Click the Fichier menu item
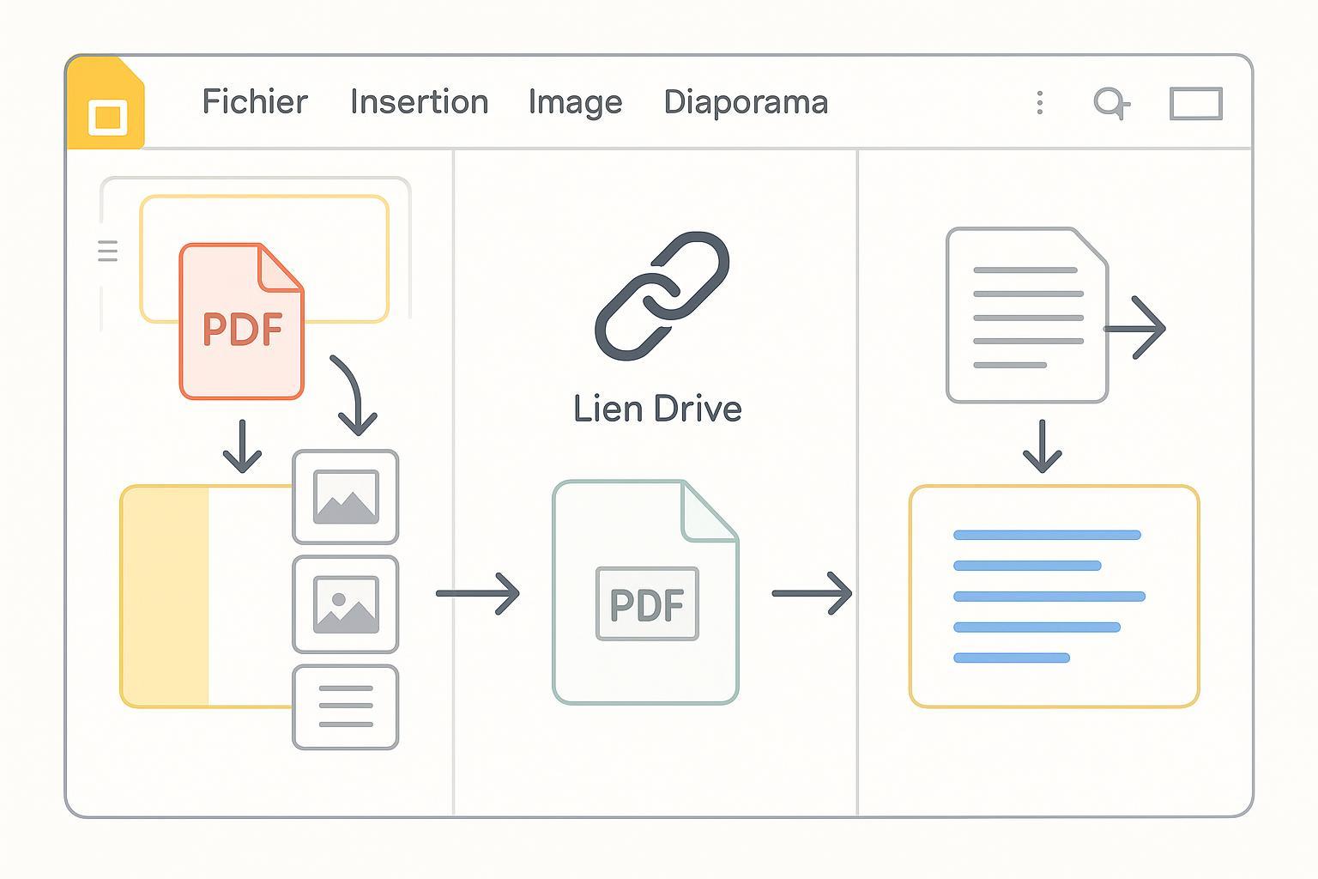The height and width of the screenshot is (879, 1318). pyautogui.click(x=255, y=102)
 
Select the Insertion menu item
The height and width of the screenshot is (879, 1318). pyautogui.click(x=419, y=102)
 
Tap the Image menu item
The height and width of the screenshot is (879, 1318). pyautogui.click(x=575, y=102)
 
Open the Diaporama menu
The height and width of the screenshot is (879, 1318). pyautogui.click(x=746, y=102)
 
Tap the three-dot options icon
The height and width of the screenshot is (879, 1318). pyautogui.click(x=1040, y=103)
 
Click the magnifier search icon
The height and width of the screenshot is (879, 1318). pyautogui.click(x=1110, y=103)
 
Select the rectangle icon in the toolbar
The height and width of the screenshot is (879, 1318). pyautogui.click(x=1196, y=104)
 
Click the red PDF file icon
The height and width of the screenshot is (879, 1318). pyautogui.click(x=241, y=323)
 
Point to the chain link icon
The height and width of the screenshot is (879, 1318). pyautogui.click(x=662, y=295)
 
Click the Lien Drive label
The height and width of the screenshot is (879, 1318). pyautogui.click(x=657, y=409)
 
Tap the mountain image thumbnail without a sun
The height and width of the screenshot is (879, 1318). pyautogui.click(x=346, y=497)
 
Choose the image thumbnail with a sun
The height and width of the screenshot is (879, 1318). pyautogui.click(x=346, y=604)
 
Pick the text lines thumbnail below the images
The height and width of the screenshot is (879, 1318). pyautogui.click(x=346, y=706)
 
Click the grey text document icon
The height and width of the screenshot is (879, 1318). pyautogui.click(x=1026, y=316)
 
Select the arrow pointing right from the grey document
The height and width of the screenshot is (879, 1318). pyautogui.click(x=1136, y=328)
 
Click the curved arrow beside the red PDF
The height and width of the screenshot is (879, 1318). pyautogui.click(x=351, y=394)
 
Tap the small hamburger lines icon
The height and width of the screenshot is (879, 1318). pyautogui.click(x=108, y=251)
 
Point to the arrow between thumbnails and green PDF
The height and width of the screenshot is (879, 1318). pyautogui.click(x=477, y=593)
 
